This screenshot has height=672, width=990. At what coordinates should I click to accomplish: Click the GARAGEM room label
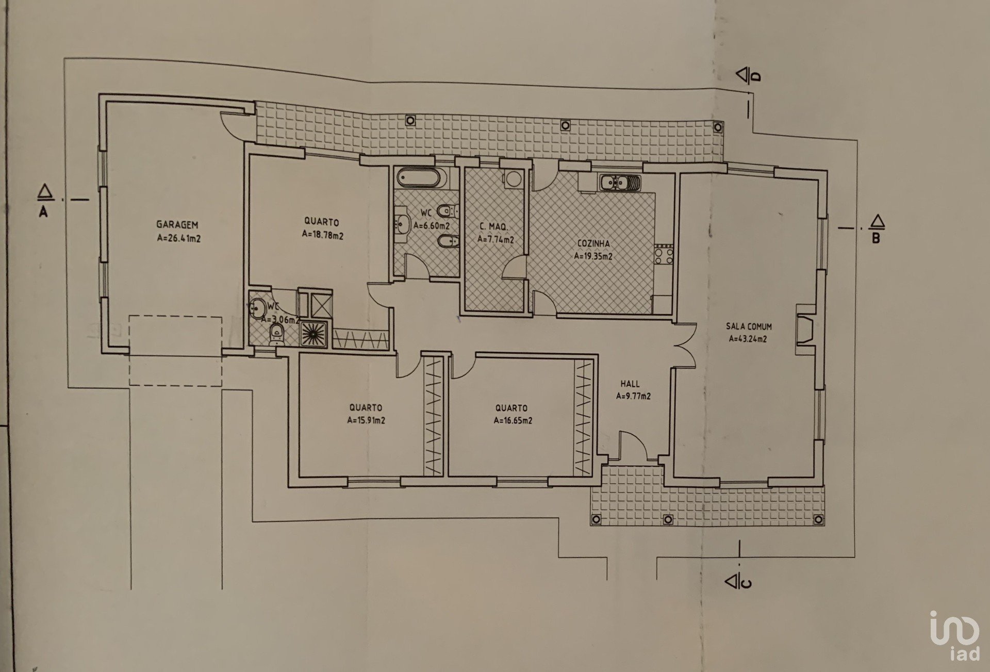click(x=177, y=225)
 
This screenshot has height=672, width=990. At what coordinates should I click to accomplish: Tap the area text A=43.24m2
click(x=748, y=339)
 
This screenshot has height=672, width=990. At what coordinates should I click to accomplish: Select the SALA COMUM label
click(x=749, y=326)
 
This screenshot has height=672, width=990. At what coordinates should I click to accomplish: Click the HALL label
click(x=630, y=384)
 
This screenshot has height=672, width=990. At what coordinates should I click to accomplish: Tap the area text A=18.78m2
click(x=323, y=235)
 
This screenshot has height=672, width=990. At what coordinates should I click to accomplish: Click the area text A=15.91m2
click(x=367, y=420)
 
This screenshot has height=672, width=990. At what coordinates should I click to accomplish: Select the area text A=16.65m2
click(x=513, y=420)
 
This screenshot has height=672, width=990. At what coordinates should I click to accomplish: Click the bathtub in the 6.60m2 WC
click(x=419, y=179)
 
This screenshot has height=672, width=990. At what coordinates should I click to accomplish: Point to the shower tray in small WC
click(x=314, y=334)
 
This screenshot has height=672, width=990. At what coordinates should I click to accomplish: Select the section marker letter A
click(x=43, y=211)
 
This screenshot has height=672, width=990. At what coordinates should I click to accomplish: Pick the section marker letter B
click(x=876, y=238)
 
